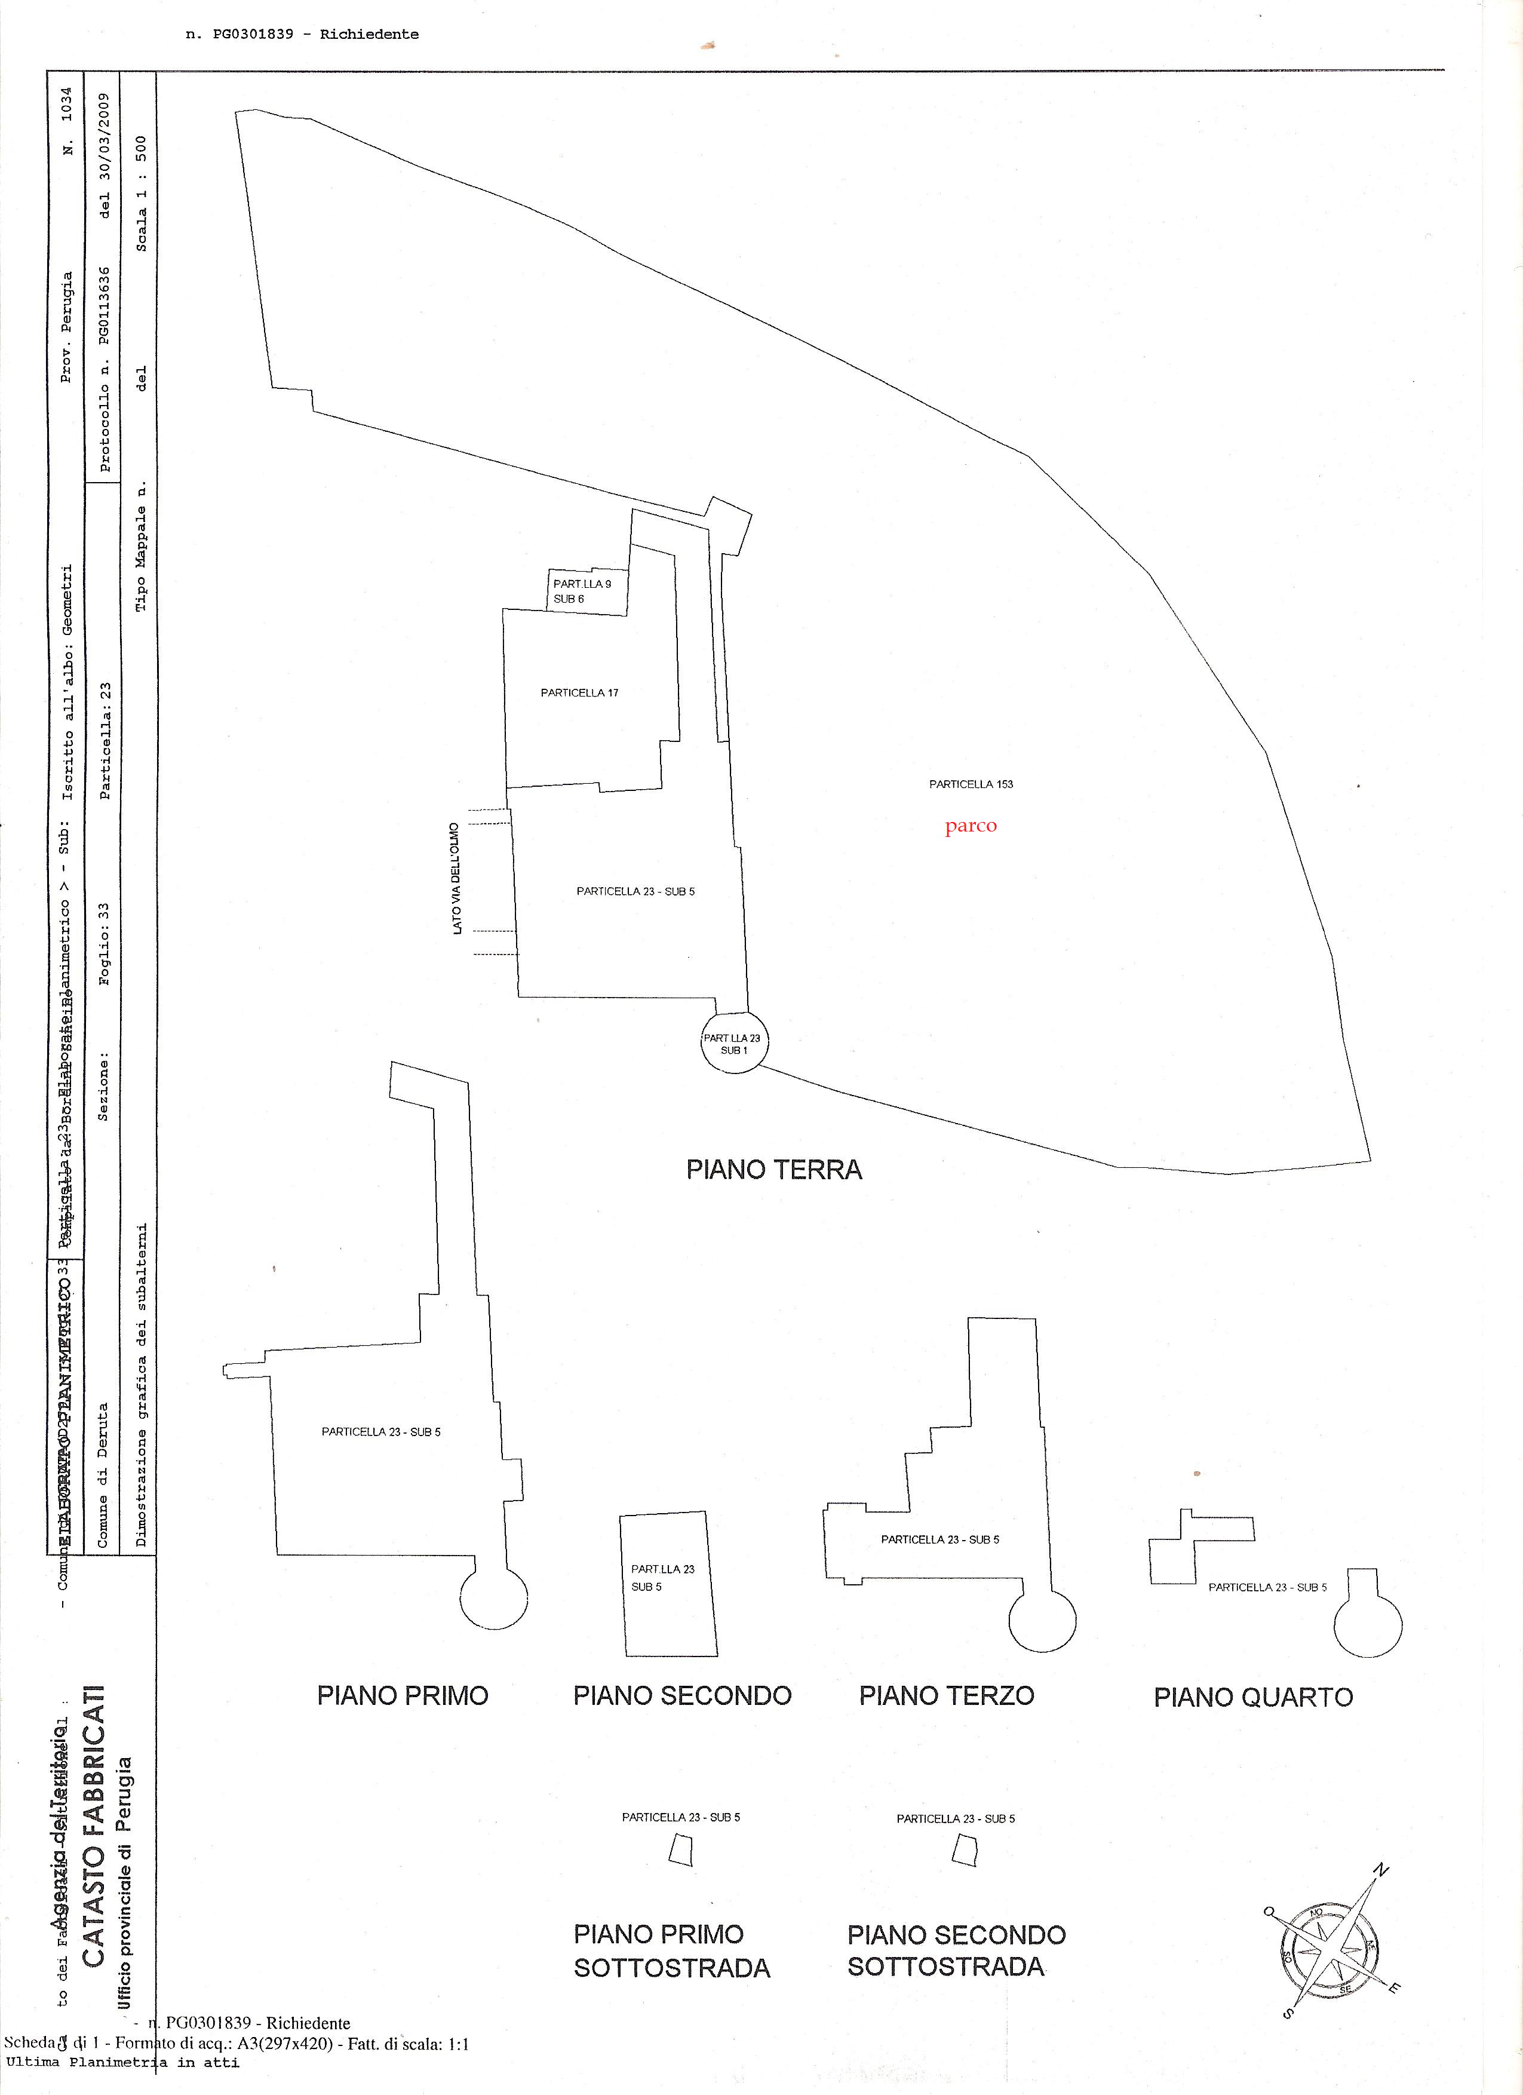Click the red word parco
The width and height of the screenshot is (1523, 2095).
(971, 826)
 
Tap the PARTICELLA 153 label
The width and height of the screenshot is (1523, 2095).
(971, 784)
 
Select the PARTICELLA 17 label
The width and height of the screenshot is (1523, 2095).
(579, 693)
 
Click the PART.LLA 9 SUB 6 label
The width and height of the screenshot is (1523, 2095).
(581, 591)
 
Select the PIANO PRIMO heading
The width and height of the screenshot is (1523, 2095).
(402, 1696)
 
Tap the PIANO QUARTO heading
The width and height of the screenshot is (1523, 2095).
(1252, 1698)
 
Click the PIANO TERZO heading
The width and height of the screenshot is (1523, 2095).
(946, 1696)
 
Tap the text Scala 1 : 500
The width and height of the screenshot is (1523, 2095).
(142, 194)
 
